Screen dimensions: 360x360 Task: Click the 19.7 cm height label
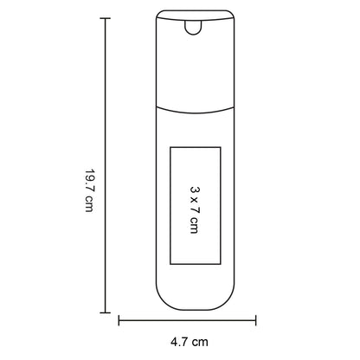tap(89, 190)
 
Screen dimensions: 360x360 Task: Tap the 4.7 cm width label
tap(190, 342)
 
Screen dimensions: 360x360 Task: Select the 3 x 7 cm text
tap(195, 209)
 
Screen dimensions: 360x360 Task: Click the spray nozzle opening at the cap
tap(193, 28)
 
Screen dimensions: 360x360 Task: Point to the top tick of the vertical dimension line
tap(105, 18)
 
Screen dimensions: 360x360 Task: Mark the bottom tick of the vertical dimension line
tap(105, 312)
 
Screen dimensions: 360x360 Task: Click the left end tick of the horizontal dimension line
tap(119, 320)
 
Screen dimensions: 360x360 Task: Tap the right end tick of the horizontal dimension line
tap(256, 320)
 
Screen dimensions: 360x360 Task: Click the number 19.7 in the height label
tap(89, 179)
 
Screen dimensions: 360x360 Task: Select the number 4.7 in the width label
tap(179, 342)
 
